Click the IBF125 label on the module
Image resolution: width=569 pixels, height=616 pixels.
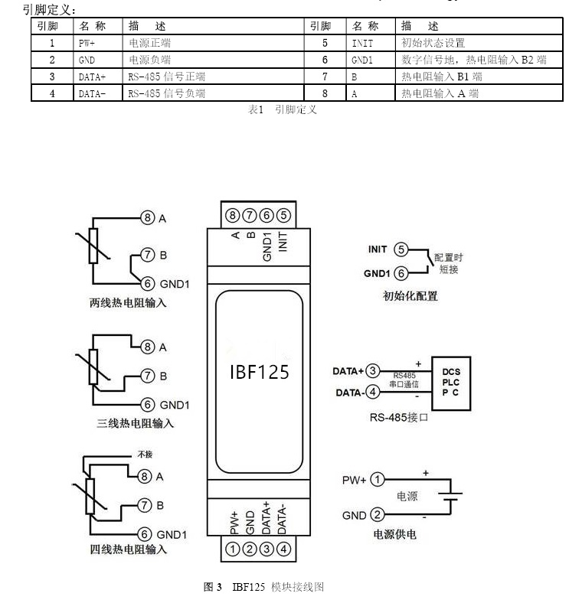coord(260,372)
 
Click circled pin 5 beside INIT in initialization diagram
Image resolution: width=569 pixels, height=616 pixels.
coord(401,249)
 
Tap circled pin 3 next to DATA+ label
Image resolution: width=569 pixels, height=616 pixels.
coord(373,371)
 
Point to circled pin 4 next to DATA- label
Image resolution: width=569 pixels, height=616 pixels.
coord(373,393)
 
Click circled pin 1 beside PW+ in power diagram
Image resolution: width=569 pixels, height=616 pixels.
coord(377,480)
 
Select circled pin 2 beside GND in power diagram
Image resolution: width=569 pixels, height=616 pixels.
coord(377,515)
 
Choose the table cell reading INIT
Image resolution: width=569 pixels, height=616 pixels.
coord(371,44)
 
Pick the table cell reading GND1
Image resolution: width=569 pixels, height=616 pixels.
coord(371,60)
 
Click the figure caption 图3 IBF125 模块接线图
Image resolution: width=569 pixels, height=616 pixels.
coord(264,587)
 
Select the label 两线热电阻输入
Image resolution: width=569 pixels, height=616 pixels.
coord(128,303)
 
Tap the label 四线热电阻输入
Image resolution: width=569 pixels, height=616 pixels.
coord(128,549)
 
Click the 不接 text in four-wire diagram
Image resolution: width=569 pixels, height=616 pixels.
coord(145,454)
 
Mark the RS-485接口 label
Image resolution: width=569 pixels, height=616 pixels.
coord(398,417)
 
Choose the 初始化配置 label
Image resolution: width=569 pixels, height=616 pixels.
coord(410,295)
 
